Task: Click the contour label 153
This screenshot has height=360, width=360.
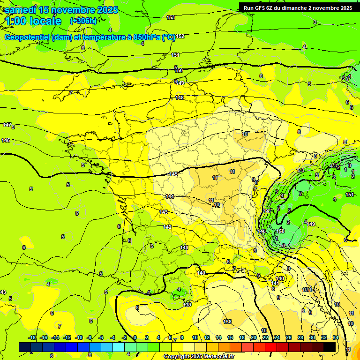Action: coord(171,17)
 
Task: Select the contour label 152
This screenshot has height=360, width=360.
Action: coord(180,36)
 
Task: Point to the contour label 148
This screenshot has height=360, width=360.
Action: coord(180,97)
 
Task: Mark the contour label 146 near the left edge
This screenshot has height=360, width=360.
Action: coord(6,140)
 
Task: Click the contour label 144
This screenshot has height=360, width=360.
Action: coord(170,196)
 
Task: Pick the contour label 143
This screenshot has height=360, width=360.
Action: coord(164,212)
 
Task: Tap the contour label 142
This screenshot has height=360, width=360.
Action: coord(167,227)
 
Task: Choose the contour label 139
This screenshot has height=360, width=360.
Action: coord(187,305)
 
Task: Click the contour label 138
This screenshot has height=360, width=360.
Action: coord(228,322)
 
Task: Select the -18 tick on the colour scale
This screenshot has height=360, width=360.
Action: coord(32,337)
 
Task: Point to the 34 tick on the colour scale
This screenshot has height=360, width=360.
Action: coord(336,337)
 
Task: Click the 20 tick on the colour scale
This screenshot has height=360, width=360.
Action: coord(254,337)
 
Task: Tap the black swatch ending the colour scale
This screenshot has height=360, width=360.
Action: coord(330,347)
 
